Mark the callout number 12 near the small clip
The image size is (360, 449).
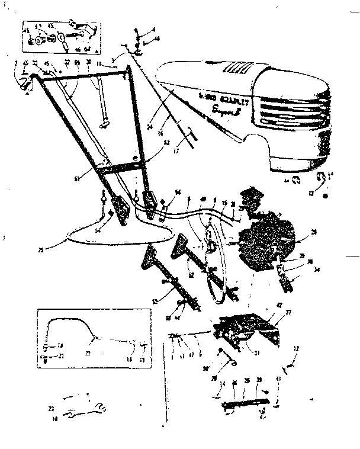click(x=296, y=348)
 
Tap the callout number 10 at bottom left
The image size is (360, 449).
click(x=55, y=419)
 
